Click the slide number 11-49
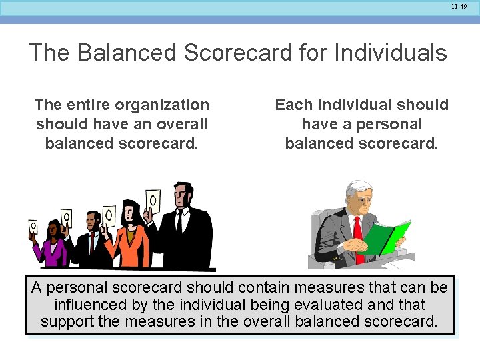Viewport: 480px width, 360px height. [x=459, y=6]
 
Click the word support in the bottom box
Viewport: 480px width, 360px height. [x=66, y=322]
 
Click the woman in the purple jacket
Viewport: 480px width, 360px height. [x=52, y=251]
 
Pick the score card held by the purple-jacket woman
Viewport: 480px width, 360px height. [x=33, y=227]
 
